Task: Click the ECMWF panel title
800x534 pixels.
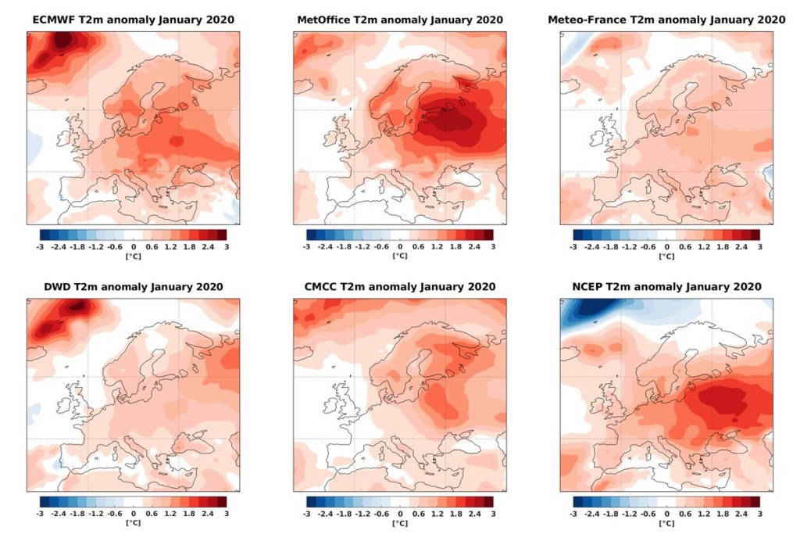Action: tap(133, 20)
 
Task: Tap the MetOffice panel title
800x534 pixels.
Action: tap(400, 20)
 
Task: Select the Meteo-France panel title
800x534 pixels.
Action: tap(666, 20)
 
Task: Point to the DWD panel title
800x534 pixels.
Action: tap(133, 287)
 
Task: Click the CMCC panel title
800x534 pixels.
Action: tap(400, 287)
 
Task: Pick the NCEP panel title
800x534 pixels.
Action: tap(666, 287)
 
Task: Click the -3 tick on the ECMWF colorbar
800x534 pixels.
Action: tap(40, 246)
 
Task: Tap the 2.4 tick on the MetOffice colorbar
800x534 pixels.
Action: tap(474, 246)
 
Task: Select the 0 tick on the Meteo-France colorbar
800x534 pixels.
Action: tap(666, 246)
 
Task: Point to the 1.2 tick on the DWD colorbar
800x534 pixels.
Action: tap(170, 514)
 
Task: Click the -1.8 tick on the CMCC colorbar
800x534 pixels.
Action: tap(344, 514)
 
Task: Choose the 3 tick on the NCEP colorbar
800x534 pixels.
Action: tap(759, 514)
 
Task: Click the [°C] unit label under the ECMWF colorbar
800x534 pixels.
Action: tap(133, 256)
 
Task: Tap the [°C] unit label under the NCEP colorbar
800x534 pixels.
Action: tap(666, 523)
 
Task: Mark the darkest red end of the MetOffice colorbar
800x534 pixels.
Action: tap(489, 235)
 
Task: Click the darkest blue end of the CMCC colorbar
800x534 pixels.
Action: tap(311, 502)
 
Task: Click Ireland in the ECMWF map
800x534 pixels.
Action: tap(65, 138)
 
